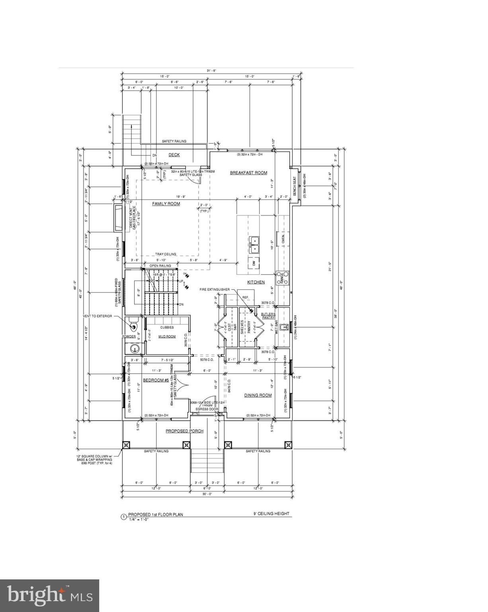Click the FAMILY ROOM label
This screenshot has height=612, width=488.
point(166,204)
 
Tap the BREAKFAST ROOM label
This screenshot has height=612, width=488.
point(248,173)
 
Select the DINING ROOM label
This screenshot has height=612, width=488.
point(258,395)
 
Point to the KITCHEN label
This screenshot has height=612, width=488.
point(256,282)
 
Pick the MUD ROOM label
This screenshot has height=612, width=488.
point(167,337)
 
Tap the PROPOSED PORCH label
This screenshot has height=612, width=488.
point(184,431)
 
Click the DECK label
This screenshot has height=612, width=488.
point(174,155)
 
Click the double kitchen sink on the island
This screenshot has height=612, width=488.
point(254,245)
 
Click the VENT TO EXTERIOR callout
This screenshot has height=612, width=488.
point(98,316)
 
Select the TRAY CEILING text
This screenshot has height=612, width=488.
point(166,254)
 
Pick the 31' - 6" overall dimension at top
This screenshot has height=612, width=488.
point(211,71)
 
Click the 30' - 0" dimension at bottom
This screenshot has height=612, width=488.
point(207,494)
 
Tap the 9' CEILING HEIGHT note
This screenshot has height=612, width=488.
point(272,514)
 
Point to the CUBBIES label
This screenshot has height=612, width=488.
point(167,328)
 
